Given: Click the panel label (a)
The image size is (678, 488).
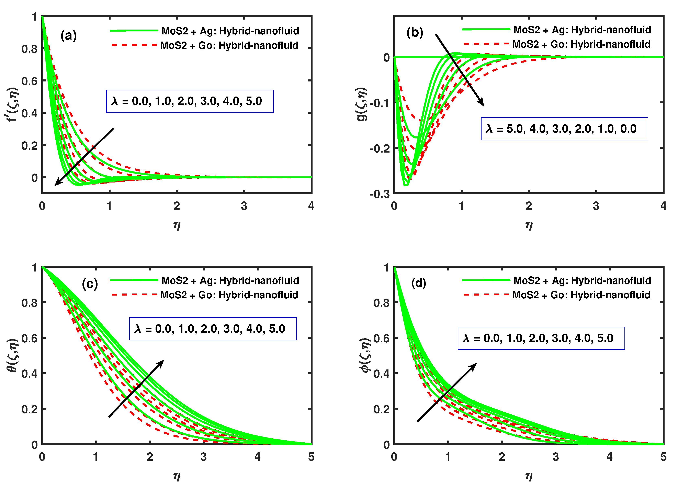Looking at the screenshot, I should [68, 36].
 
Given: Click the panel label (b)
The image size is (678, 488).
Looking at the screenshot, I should [414, 32].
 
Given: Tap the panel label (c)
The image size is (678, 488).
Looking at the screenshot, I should [90, 284].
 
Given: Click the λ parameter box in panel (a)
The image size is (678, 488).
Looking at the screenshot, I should [190, 101].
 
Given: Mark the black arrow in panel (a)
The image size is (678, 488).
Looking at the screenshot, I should [84, 157].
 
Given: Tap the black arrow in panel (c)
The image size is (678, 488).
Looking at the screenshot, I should [136, 388].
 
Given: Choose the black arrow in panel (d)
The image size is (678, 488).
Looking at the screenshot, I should [447, 392].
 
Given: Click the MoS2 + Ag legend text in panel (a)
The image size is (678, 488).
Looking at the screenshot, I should [230, 31].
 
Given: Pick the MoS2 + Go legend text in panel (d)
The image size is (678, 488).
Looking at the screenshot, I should [581, 295].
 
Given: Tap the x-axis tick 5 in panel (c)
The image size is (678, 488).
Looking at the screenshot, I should [311, 457].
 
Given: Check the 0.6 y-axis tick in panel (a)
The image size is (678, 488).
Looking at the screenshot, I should [29, 81].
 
